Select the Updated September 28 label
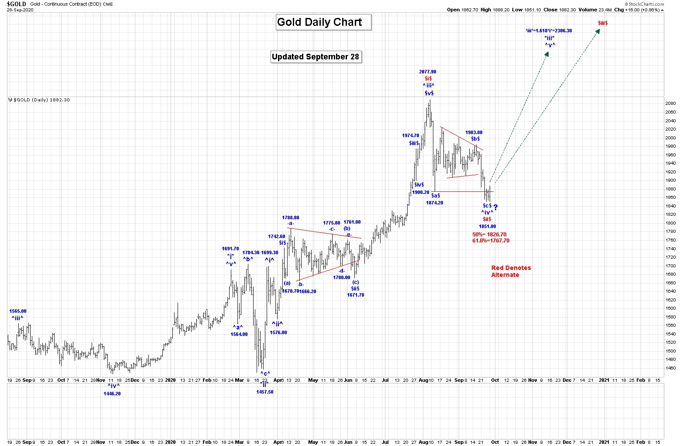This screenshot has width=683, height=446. (x=316, y=57)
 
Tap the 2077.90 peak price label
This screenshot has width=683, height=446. (x=427, y=72)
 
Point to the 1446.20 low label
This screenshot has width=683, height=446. (x=112, y=394)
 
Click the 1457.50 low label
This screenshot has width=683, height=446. (x=264, y=392)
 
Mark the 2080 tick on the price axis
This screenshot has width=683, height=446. (x=670, y=104)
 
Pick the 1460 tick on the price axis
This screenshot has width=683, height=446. (x=670, y=368)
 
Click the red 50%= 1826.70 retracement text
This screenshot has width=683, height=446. (x=489, y=235)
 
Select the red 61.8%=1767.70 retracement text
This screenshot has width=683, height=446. (x=491, y=241)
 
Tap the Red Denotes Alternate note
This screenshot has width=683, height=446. (x=511, y=271)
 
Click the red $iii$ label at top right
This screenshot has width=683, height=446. (x=603, y=23)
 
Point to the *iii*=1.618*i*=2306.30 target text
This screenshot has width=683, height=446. (x=549, y=31)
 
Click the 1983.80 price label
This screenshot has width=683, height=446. (x=474, y=132)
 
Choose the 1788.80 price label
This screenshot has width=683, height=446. (x=290, y=218)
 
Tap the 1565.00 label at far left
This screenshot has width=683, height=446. (x=17, y=311)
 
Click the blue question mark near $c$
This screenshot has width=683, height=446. (x=495, y=208)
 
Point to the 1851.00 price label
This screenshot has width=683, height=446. (x=487, y=226)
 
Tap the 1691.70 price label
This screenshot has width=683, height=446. (x=230, y=249)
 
